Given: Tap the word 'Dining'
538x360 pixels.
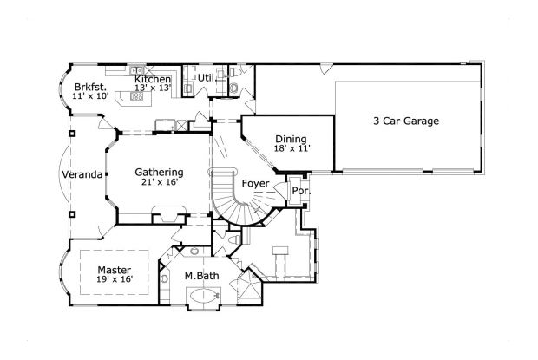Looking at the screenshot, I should click(x=291, y=139).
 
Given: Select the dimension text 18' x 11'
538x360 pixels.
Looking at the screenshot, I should click(x=292, y=149).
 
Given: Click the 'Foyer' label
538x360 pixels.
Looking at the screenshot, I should click(x=255, y=184).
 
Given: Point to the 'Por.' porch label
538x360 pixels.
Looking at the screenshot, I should click(x=300, y=190).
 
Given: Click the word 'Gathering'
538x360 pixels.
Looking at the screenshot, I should click(x=159, y=172).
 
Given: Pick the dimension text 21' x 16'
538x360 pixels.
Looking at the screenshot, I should click(x=159, y=182).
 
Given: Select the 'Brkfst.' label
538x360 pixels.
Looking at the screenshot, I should click(x=90, y=88).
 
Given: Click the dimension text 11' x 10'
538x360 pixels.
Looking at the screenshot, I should click(x=90, y=97).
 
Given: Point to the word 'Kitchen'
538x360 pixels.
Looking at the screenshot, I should click(x=152, y=79).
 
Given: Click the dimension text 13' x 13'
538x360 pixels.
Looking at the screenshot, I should click(x=152, y=88).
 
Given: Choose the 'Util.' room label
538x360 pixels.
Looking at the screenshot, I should click(x=207, y=78).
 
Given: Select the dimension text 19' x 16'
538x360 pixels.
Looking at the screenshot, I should click(x=114, y=279).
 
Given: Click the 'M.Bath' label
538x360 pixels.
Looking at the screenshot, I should click(x=200, y=277).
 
